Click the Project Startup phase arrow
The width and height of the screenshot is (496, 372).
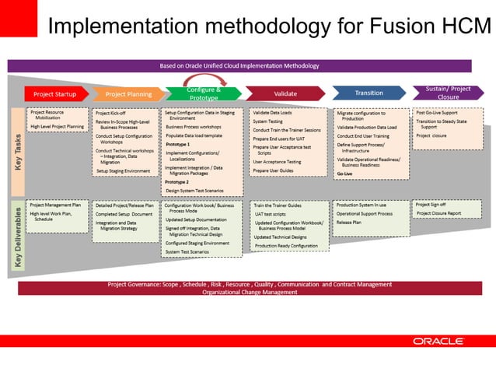point(54,94)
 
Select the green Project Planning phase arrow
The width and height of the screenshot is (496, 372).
point(128,94)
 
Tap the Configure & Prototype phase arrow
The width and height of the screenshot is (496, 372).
point(204,93)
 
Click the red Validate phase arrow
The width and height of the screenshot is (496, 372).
point(285,94)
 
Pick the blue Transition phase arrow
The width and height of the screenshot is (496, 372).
point(369,93)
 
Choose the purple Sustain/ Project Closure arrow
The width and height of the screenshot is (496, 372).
point(448,93)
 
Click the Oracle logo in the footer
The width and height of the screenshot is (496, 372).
point(438,341)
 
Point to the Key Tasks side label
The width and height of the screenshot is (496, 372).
point(16,153)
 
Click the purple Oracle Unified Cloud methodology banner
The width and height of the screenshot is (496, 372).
point(239,65)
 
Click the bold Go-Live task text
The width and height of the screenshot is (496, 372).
point(345,174)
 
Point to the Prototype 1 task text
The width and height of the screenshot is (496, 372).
point(178,145)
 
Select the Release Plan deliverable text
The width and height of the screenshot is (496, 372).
point(349,222)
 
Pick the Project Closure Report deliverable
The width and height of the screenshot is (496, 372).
point(438,213)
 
